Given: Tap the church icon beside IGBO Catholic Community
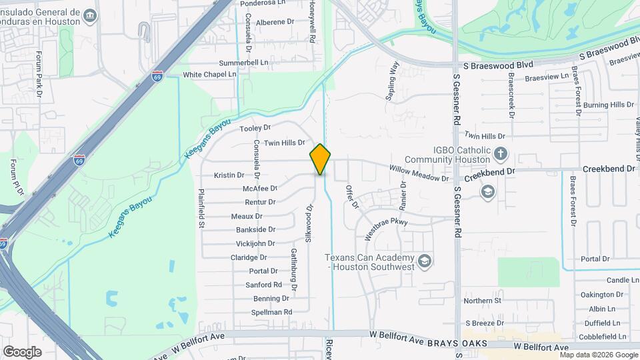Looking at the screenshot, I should (x=501, y=155).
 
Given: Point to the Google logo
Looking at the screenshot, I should (x=22, y=352).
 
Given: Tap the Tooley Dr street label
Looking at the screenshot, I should (x=255, y=127).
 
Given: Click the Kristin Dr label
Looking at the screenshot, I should (x=229, y=175).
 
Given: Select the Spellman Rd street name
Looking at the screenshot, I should (x=272, y=312).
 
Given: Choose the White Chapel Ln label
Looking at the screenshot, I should (x=210, y=75).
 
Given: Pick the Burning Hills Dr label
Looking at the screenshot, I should (x=608, y=105).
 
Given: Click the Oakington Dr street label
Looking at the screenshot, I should (x=601, y=294).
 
